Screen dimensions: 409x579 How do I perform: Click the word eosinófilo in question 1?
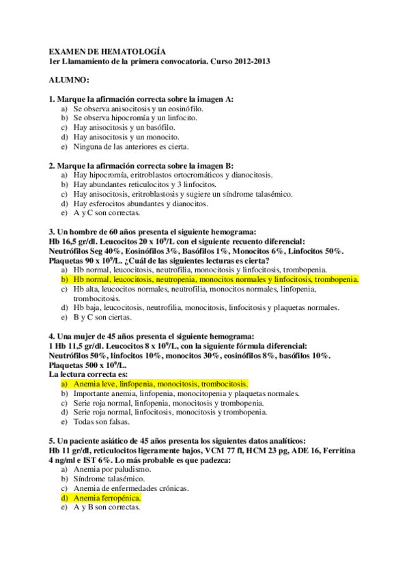[x=184, y=109]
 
